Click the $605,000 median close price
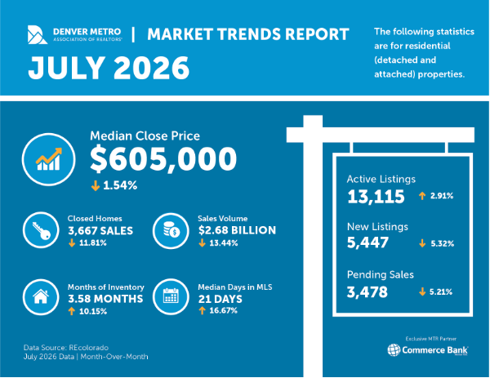click(x=163, y=158)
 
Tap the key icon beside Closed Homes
click(x=41, y=230)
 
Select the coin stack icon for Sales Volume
click(x=171, y=231)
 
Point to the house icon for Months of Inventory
click(x=41, y=297)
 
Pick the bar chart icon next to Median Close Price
click(x=48, y=159)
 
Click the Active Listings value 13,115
click(x=376, y=197)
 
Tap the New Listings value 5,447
click(x=367, y=242)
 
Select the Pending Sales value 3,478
click(x=367, y=292)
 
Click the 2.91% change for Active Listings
click(x=442, y=196)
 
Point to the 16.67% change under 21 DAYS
click(x=224, y=310)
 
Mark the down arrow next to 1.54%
click(x=96, y=185)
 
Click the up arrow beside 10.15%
click(x=72, y=311)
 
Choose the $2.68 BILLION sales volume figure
click(x=237, y=230)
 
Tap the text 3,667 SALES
click(x=100, y=231)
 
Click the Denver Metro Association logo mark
click(x=38, y=34)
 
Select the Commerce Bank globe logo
click(x=394, y=350)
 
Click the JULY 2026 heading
click(x=109, y=68)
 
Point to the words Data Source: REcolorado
click(x=66, y=348)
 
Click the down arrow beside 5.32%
click(x=422, y=243)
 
